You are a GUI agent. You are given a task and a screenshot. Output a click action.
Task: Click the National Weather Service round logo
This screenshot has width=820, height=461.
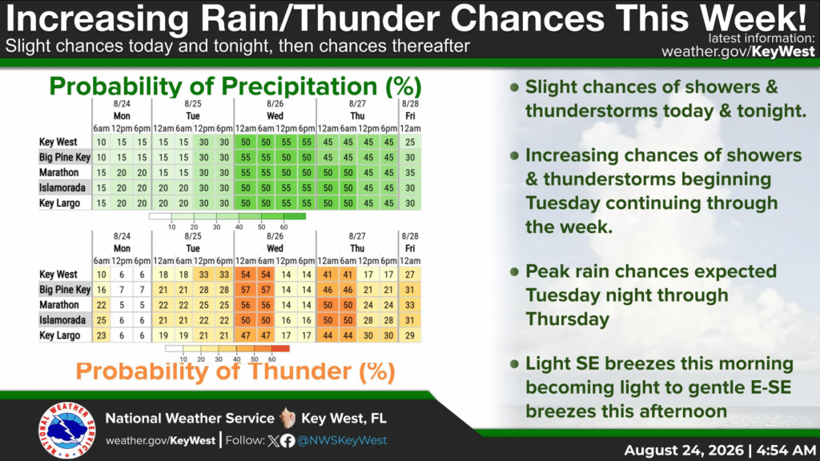[66, 430]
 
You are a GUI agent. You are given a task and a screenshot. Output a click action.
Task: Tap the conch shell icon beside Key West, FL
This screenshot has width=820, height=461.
[287, 418]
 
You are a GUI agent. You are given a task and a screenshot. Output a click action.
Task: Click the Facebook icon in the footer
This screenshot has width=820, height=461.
[287, 441]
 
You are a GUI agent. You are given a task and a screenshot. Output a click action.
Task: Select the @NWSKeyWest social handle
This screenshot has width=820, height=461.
[342, 441]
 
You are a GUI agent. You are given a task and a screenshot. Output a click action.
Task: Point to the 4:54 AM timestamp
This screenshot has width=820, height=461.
[786, 450]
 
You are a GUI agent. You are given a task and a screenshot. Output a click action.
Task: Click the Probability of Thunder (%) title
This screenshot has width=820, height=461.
[235, 371]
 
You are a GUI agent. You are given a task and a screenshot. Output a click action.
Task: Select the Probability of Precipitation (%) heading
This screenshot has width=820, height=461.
[235, 86]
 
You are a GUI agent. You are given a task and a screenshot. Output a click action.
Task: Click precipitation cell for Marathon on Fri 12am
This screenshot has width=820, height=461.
[410, 173]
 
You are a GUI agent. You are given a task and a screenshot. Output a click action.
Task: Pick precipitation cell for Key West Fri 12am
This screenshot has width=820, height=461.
[410, 142]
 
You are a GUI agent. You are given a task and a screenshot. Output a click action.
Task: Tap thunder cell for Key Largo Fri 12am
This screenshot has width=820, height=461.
[410, 335]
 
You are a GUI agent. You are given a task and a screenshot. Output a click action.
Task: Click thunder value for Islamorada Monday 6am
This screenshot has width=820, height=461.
[102, 320]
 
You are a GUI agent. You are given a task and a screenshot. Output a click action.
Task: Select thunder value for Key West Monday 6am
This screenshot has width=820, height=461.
[102, 275]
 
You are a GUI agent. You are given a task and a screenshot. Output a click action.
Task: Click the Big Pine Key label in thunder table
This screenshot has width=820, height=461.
[65, 290]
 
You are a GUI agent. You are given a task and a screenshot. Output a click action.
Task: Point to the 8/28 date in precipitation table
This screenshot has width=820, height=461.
[410, 104]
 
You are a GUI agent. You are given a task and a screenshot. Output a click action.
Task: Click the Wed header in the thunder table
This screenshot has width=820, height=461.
[275, 248]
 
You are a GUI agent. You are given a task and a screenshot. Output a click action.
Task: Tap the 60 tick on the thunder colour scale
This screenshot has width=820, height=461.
[272, 359]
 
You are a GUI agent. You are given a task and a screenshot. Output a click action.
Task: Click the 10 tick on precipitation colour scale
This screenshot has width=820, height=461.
[171, 226]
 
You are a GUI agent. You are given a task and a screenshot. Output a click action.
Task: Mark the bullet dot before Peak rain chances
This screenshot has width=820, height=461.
[514, 272]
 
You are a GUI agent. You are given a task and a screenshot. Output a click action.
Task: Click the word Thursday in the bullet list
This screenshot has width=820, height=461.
[568, 319]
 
